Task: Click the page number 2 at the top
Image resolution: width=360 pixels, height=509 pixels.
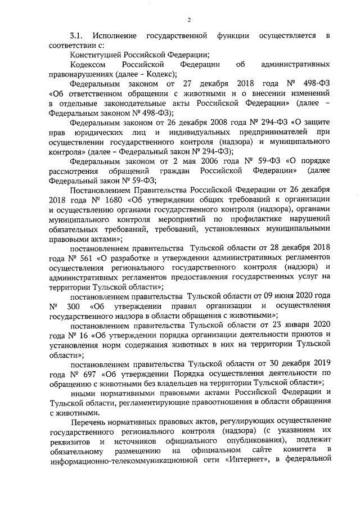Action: coord(189,21)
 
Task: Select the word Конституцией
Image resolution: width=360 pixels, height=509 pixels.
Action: coord(96,55)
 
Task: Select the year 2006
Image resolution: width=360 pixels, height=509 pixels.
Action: coord(213,161)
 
